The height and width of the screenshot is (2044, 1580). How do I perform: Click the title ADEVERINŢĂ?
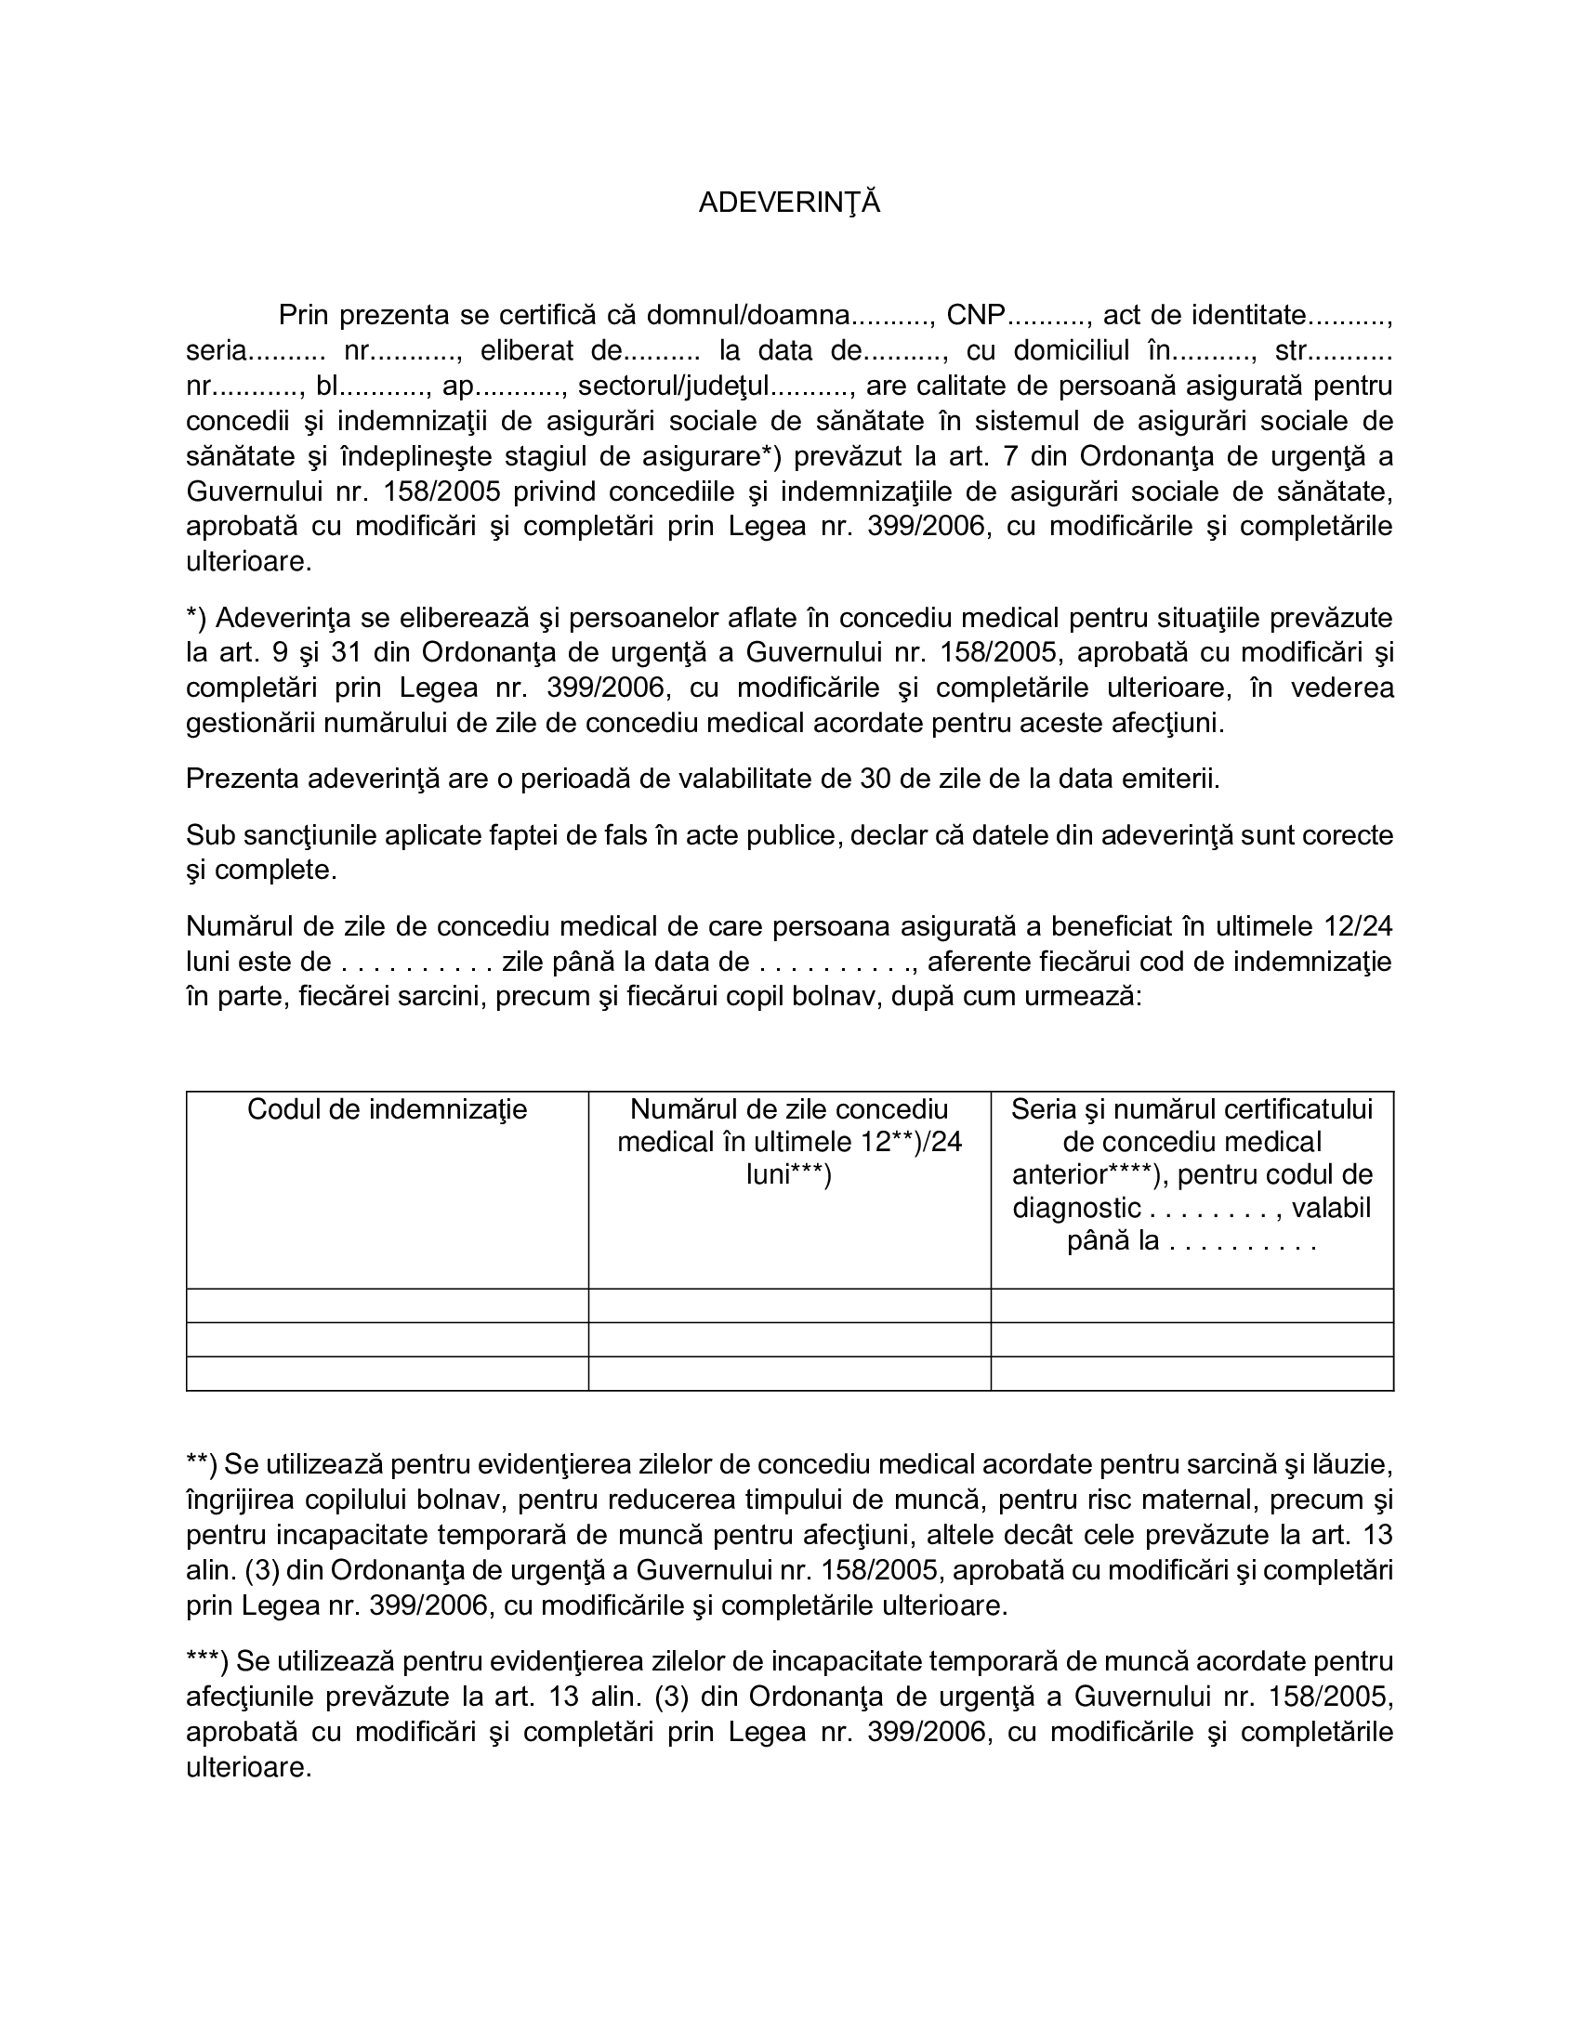point(789,203)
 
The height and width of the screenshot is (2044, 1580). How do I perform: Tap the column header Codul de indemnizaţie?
point(387,1110)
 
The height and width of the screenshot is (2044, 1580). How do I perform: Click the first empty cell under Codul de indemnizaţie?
point(387,1305)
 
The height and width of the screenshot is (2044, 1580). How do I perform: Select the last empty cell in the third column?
point(1192,1374)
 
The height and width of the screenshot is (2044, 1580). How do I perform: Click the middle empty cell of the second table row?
point(788,1339)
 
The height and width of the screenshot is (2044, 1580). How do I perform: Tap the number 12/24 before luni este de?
point(1358,926)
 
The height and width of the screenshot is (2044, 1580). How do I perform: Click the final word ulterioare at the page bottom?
point(248,1767)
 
